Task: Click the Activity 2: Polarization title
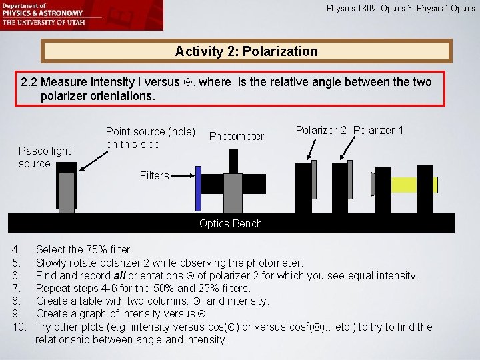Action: point(246,51)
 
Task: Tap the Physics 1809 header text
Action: point(400,9)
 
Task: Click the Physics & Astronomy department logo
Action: point(43,13)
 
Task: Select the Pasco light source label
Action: point(44,157)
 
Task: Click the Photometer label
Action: point(236,136)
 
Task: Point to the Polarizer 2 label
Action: point(321,131)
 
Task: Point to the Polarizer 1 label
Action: point(378,131)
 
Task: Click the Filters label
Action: point(154,175)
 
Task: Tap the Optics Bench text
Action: point(230,223)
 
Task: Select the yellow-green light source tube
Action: point(413,185)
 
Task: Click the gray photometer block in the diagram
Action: point(233,193)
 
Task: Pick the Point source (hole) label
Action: point(150,138)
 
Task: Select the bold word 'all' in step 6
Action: point(121,275)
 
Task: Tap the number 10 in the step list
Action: point(17,327)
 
